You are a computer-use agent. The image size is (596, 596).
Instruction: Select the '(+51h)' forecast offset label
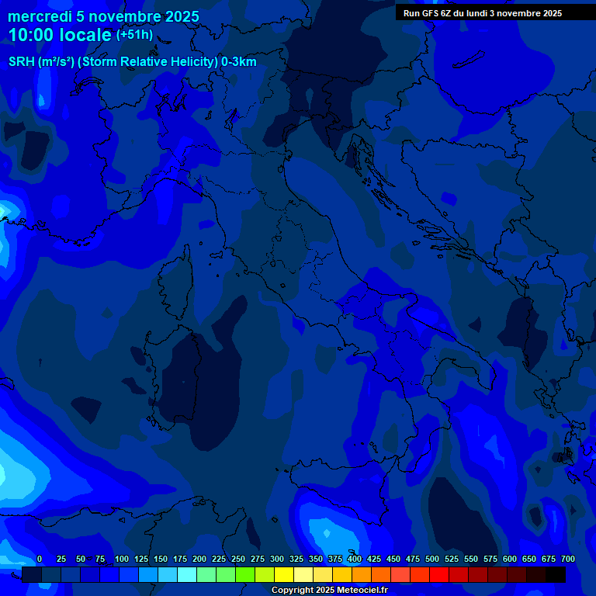134,35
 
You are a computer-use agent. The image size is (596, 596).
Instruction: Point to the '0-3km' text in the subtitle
239,62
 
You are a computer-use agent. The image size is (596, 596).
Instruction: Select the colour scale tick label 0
40,559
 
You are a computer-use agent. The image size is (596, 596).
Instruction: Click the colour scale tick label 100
122,559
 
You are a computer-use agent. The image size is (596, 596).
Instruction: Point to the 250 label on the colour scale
238,559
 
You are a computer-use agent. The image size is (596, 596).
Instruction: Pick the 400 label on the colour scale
355,559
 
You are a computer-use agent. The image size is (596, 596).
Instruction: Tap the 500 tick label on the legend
432,559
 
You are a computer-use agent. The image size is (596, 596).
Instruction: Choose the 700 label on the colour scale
568,559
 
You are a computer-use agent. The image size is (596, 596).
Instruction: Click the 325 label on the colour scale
296,559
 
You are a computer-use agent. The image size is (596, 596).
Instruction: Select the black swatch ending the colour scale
556,574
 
